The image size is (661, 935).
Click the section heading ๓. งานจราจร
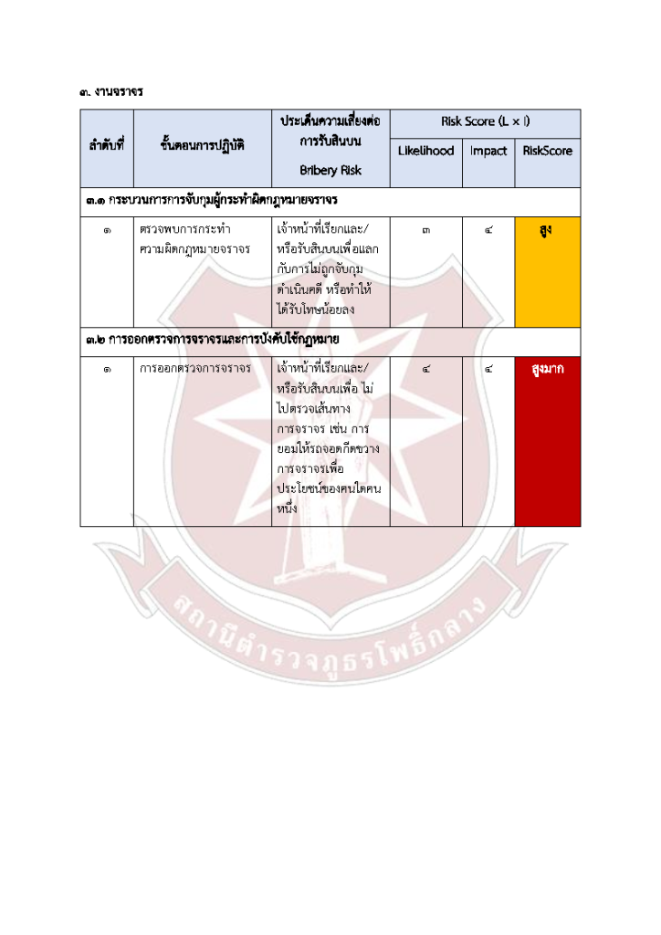[112, 91]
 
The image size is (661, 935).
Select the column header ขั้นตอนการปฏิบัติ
[202, 144]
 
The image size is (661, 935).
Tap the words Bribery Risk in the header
[330, 170]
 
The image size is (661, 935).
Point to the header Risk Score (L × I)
[485, 121]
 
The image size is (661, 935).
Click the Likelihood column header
[425, 151]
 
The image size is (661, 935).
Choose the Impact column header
[488, 151]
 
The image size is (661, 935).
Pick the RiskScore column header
[548, 151]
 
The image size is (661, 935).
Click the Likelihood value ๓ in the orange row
[425, 230]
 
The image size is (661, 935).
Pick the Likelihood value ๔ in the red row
[425, 370]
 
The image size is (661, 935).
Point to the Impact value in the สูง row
[488, 230]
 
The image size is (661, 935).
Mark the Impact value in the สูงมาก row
[488, 370]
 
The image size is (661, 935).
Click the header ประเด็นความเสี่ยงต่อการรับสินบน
[330, 131]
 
